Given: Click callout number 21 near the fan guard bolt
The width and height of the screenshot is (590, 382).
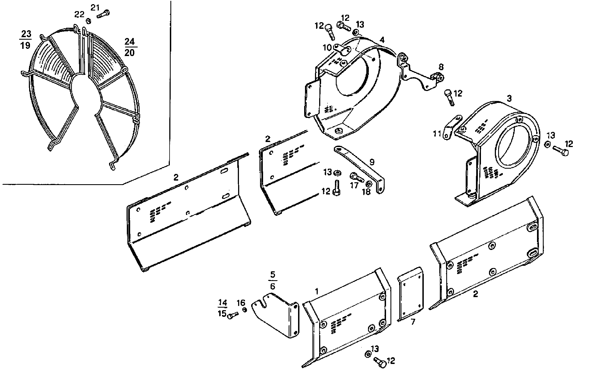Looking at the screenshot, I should point(95,7).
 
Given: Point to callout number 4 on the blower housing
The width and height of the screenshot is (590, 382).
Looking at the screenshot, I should point(382,40).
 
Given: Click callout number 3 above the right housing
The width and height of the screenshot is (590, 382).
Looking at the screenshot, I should point(509,98).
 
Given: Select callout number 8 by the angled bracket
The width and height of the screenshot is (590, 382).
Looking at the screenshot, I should point(441,67).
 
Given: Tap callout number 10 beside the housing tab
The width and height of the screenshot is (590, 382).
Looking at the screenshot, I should point(327,48).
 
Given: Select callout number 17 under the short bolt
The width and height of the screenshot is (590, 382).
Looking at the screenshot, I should point(354,185).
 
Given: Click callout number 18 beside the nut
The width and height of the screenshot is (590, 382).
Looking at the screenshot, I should point(366,191).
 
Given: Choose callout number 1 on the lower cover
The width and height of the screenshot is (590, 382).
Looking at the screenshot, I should point(316,291).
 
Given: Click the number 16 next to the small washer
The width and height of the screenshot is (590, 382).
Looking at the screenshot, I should point(241,303).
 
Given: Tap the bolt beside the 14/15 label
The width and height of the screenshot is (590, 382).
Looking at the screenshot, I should point(233,315).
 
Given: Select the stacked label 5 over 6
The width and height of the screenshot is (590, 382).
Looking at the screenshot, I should point(273,280).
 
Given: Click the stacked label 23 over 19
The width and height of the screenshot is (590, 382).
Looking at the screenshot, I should point(26,40).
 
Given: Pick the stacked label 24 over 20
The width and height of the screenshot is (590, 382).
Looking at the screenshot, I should point(129,47).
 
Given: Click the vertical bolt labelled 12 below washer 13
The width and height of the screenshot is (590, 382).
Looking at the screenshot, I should point(337,187).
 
